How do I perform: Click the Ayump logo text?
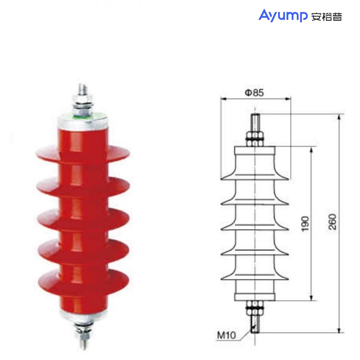click(x=282, y=15)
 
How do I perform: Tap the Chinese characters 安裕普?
click(x=326, y=17)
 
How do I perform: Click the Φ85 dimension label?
click(x=255, y=93)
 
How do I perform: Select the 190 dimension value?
click(x=305, y=224)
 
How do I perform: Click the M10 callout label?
click(x=226, y=336)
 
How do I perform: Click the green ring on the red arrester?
click(x=83, y=116)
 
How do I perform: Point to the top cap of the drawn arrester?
click(x=255, y=150)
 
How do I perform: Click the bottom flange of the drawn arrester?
click(x=255, y=297)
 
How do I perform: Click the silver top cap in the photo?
click(x=83, y=122)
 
